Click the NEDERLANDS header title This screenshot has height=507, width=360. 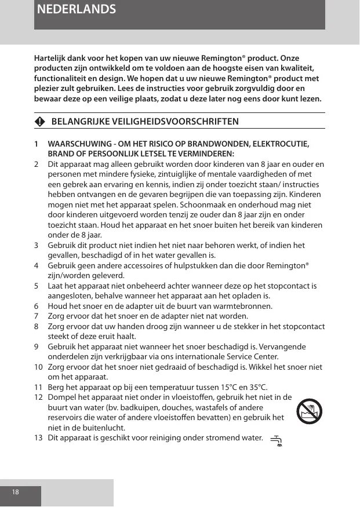click(x=75, y=10)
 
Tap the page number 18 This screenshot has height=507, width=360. click(x=16, y=492)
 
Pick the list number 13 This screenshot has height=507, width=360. click(x=38, y=438)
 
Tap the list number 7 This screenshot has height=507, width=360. click(x=36, y=316)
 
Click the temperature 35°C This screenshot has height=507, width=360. click(x=256, y=387)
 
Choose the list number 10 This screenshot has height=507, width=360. click(x=38, y=367)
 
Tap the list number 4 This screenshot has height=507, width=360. click(x=36, y=265)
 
